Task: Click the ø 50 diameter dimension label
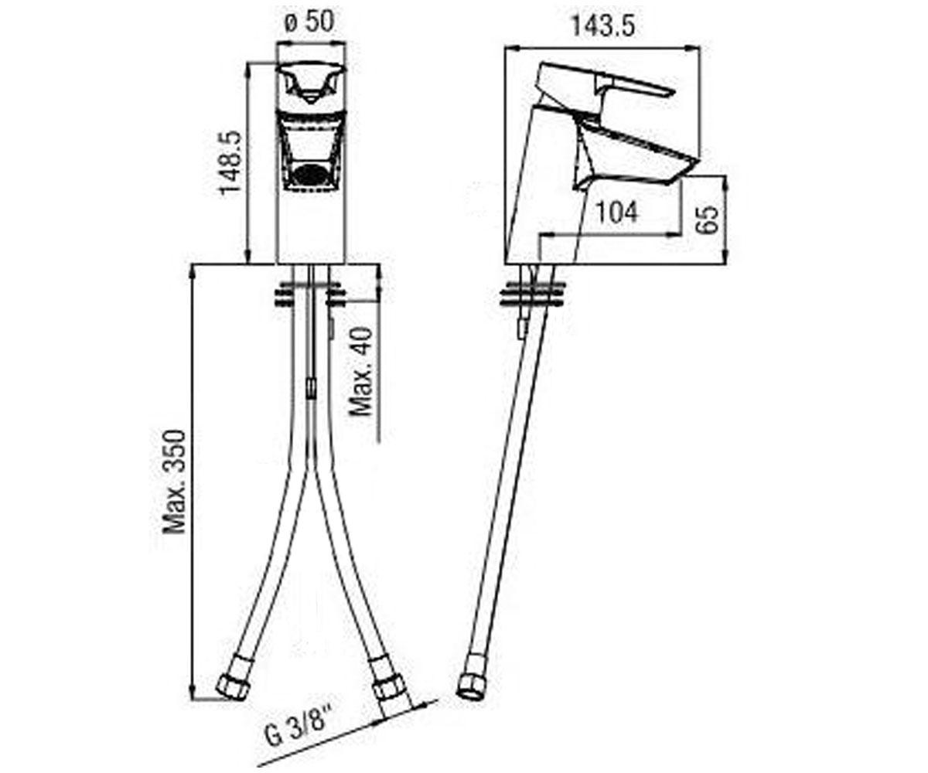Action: tap(309, 22)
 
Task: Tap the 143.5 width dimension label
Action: tap(602, 26)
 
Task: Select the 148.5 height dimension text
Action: tap(231, 162)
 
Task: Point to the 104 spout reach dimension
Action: tap(616, 213)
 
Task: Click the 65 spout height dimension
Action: tap(708, 219)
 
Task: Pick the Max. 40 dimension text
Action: tap(360, 371)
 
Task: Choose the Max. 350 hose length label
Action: tap(174, 481)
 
